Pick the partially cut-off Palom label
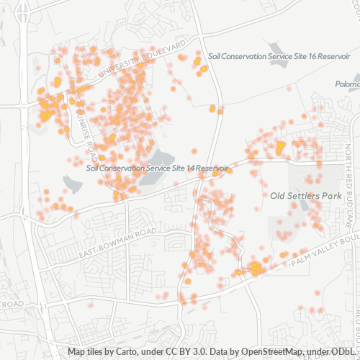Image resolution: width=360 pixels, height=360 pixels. click(347, 84)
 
